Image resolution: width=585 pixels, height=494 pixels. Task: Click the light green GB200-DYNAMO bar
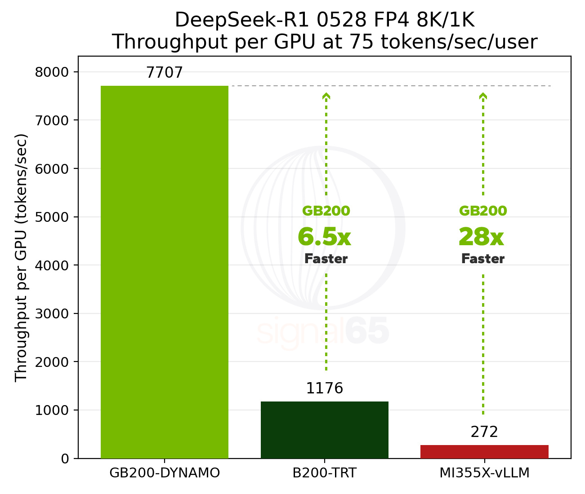[x=165, y=272]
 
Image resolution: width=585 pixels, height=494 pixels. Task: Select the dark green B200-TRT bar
[x=324, y=430]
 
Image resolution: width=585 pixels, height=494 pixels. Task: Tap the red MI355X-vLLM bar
[x=484, y=451]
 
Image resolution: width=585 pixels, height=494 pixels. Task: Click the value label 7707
[x=165, y=73]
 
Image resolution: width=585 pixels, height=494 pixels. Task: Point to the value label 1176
[x=324, y=388]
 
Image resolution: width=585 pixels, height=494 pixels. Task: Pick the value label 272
[x=484, y=432]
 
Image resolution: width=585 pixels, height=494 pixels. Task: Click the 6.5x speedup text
[x=324, y=237]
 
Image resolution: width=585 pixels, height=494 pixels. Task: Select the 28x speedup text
[x=481, y=237]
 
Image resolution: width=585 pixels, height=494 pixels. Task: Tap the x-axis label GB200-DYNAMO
[x=165, y=473]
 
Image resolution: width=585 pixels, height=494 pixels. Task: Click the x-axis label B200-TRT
[x=324, y=473]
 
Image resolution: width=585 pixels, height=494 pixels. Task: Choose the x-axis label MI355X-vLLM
[x=484, y=473]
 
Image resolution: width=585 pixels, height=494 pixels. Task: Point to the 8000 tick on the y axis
[x=52, y=72]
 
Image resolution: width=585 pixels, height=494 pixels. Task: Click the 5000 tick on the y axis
[x=52, y=217]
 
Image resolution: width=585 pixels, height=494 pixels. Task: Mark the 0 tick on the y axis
[x=65, y=459]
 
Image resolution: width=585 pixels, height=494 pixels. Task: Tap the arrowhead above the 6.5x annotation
[x=326, y=96]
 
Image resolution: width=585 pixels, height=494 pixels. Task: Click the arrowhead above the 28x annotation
[x=483, y=96]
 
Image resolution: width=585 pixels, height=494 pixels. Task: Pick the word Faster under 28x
[x=483, y=259]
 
